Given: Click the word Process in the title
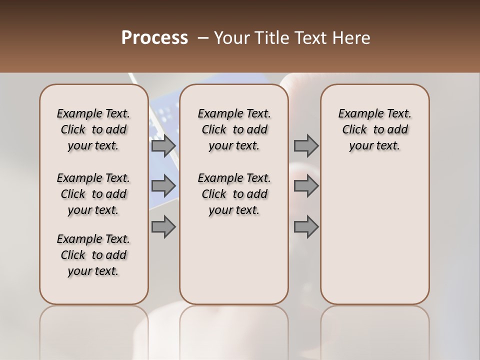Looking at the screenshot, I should pos(154,38).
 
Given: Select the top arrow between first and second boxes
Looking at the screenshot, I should pos(163,146).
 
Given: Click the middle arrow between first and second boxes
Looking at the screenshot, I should pos(163,186).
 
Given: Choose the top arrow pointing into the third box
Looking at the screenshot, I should pos(306,146).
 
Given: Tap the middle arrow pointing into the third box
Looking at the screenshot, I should pos(306,186).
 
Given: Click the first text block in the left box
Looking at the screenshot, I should pos(93,129).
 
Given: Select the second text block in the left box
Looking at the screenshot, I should pos(93,194).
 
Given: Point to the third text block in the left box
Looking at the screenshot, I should pos(93,255).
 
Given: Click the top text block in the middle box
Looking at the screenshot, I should pos(234,129).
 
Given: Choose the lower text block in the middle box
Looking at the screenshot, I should pos(234,194).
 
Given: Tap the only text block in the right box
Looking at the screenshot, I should pos(374,129).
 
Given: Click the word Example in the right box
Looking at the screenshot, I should pos(357,114).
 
